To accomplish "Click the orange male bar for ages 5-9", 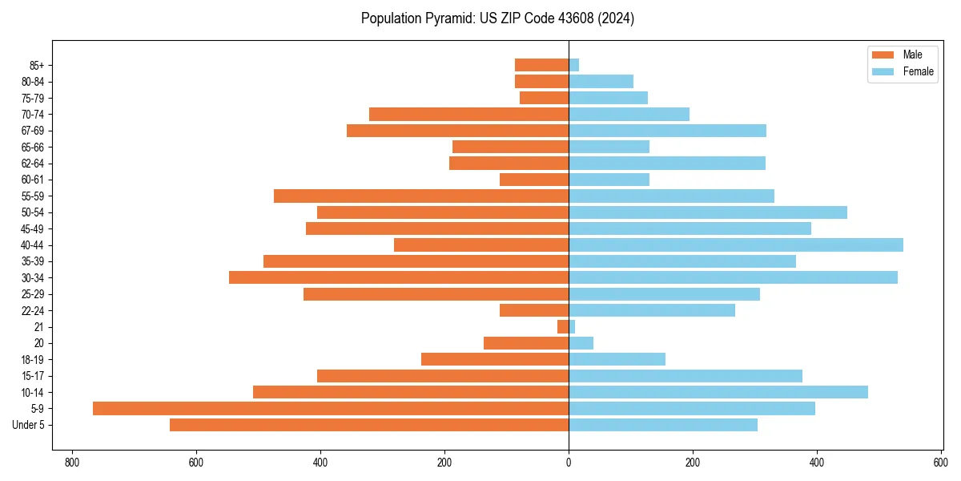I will pyautogui.click(x=331, y=408).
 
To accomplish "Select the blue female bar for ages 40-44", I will pyautogui.click(x=736, y=245).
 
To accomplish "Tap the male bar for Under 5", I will pyautogui.click(x=369, y=425).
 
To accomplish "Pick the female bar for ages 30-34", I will pyautogui.click(x=733, y=277).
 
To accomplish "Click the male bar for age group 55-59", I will pyautogui.click(x=421, y=196).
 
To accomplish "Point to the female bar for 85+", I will pyautogui.click(x=574, y=65).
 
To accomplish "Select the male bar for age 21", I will pyautogui.click(x=563, y=326).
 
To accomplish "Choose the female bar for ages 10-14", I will pyautogui.click(x=718, y=392).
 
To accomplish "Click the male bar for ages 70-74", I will pyautogui.click(x=468, y=114).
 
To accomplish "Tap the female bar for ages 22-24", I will pyautogui.click(x=652, y=310).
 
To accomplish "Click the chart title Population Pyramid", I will pyautogui.click(x=497, y=18).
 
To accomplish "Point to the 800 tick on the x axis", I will pyautogui.click(x=72, y=463).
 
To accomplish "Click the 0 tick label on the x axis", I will pyautogui.click(x=569, y=463).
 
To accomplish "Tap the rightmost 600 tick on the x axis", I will pyautogui.click(x=941, y=463).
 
